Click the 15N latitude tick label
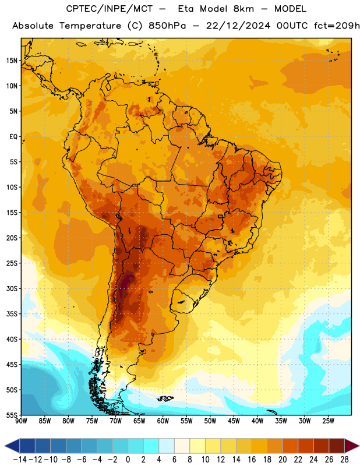[12, 61]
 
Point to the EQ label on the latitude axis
[13, 137]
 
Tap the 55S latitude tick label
[12, 415]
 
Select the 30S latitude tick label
[12, 288]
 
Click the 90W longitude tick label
[21, 421]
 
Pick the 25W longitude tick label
[328, 421]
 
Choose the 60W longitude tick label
[163, 421]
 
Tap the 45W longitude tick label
[234, 421]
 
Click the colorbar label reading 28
[344, 460]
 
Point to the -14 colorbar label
[20, 460]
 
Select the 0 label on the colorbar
[128, 460]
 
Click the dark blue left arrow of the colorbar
[12, 446]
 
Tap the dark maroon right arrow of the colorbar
[352, 446]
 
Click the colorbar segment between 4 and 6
[167, 446]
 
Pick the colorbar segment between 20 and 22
[291, 446]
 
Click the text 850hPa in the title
[167, 26]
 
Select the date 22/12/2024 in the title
[238, 26]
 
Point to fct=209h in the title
[337, 26]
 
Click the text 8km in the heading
[243, 9]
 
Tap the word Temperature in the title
[90, 26]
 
